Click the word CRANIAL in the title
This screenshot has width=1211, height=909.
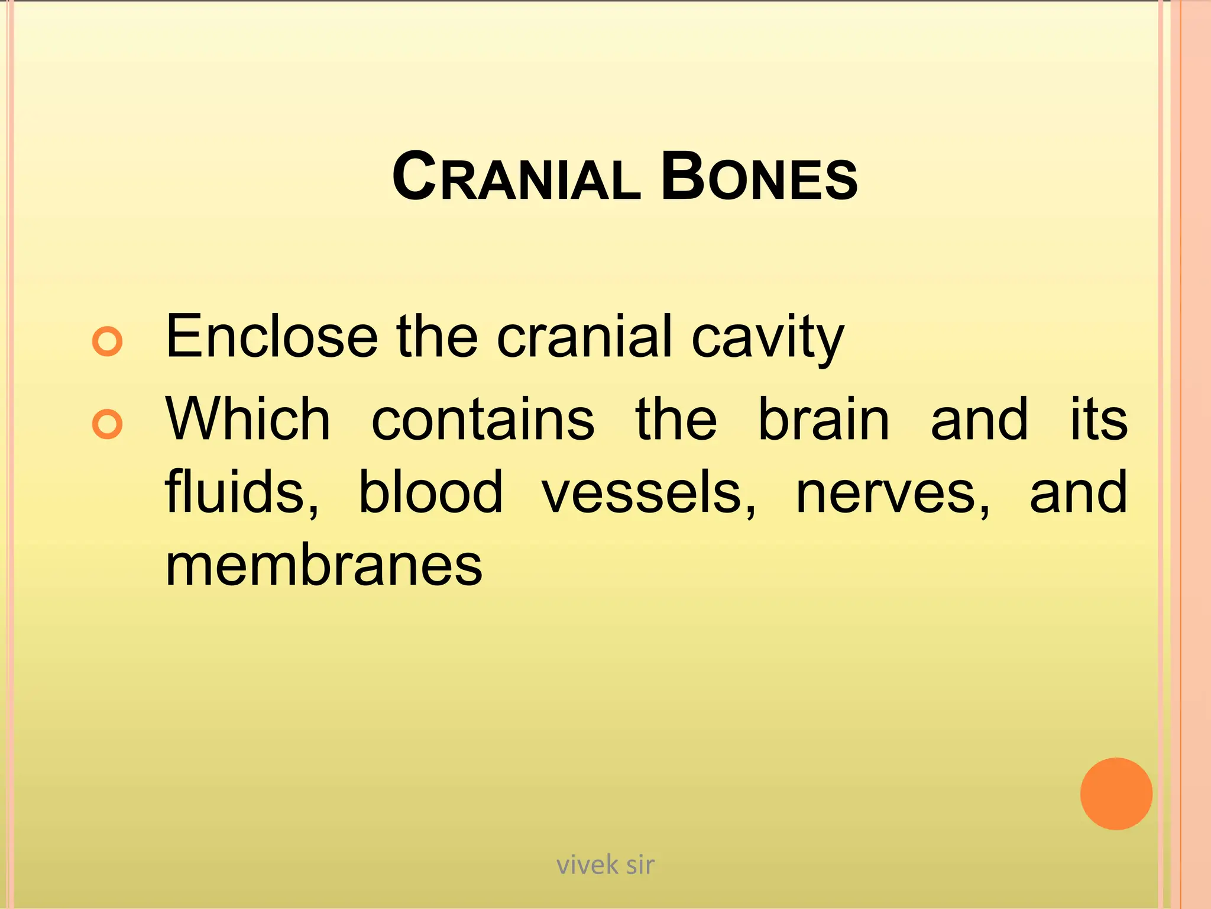coord(516,178)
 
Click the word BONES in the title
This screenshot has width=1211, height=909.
coord(759,178)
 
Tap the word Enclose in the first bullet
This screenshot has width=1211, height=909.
coord(271,337)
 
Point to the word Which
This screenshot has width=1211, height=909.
coord(248,420)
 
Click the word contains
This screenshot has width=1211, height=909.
coord(483,420)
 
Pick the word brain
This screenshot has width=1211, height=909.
coord(824,420)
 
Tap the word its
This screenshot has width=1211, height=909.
coord(1099,420)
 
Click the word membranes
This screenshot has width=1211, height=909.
coord(323,565)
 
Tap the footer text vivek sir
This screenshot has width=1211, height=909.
coord(605,865)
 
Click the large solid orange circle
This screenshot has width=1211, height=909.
coord(1116,794)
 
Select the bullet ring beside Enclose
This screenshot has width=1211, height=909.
coord(108,341)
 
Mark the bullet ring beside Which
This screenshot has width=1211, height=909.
coord(108,424)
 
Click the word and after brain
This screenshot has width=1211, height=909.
coord(979,420)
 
